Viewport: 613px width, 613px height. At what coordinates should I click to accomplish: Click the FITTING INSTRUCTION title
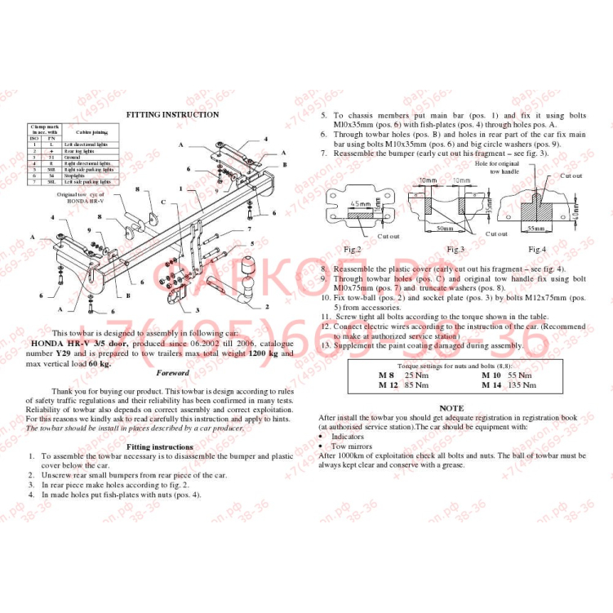pos(172,115)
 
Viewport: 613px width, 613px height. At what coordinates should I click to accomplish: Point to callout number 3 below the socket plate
pos(197,311)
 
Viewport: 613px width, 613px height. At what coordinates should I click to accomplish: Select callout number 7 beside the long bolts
pos(250,231)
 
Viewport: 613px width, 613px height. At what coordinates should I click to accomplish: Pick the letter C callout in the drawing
pos(162,201)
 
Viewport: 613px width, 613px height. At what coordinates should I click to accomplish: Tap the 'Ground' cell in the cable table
pos(69,157)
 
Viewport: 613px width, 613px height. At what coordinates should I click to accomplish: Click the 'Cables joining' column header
pos(91,132)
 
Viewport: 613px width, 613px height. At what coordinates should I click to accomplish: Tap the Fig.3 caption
pos(455,249)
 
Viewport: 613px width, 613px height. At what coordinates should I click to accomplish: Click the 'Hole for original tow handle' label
pos(519,169)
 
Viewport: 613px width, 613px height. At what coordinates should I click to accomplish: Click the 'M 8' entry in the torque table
pos(385,375)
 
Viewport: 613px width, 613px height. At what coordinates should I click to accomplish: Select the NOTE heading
pos(451,408)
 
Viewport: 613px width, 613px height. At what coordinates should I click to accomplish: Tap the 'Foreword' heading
pos(172,372)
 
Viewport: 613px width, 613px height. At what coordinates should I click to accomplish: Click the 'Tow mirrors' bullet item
pos(351,446)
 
